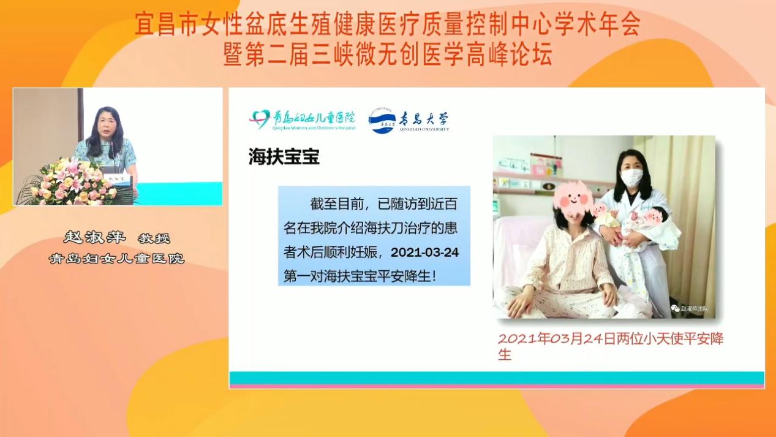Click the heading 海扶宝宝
coord(284,157)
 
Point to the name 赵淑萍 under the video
coord(94,238)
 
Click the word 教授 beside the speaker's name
coord(153,238)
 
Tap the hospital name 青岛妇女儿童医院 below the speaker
coord(117,259)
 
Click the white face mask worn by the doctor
coord(631,178)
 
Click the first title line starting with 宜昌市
coord(388,25)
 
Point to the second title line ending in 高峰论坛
coord(388,55)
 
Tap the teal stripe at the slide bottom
coord(496,377)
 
